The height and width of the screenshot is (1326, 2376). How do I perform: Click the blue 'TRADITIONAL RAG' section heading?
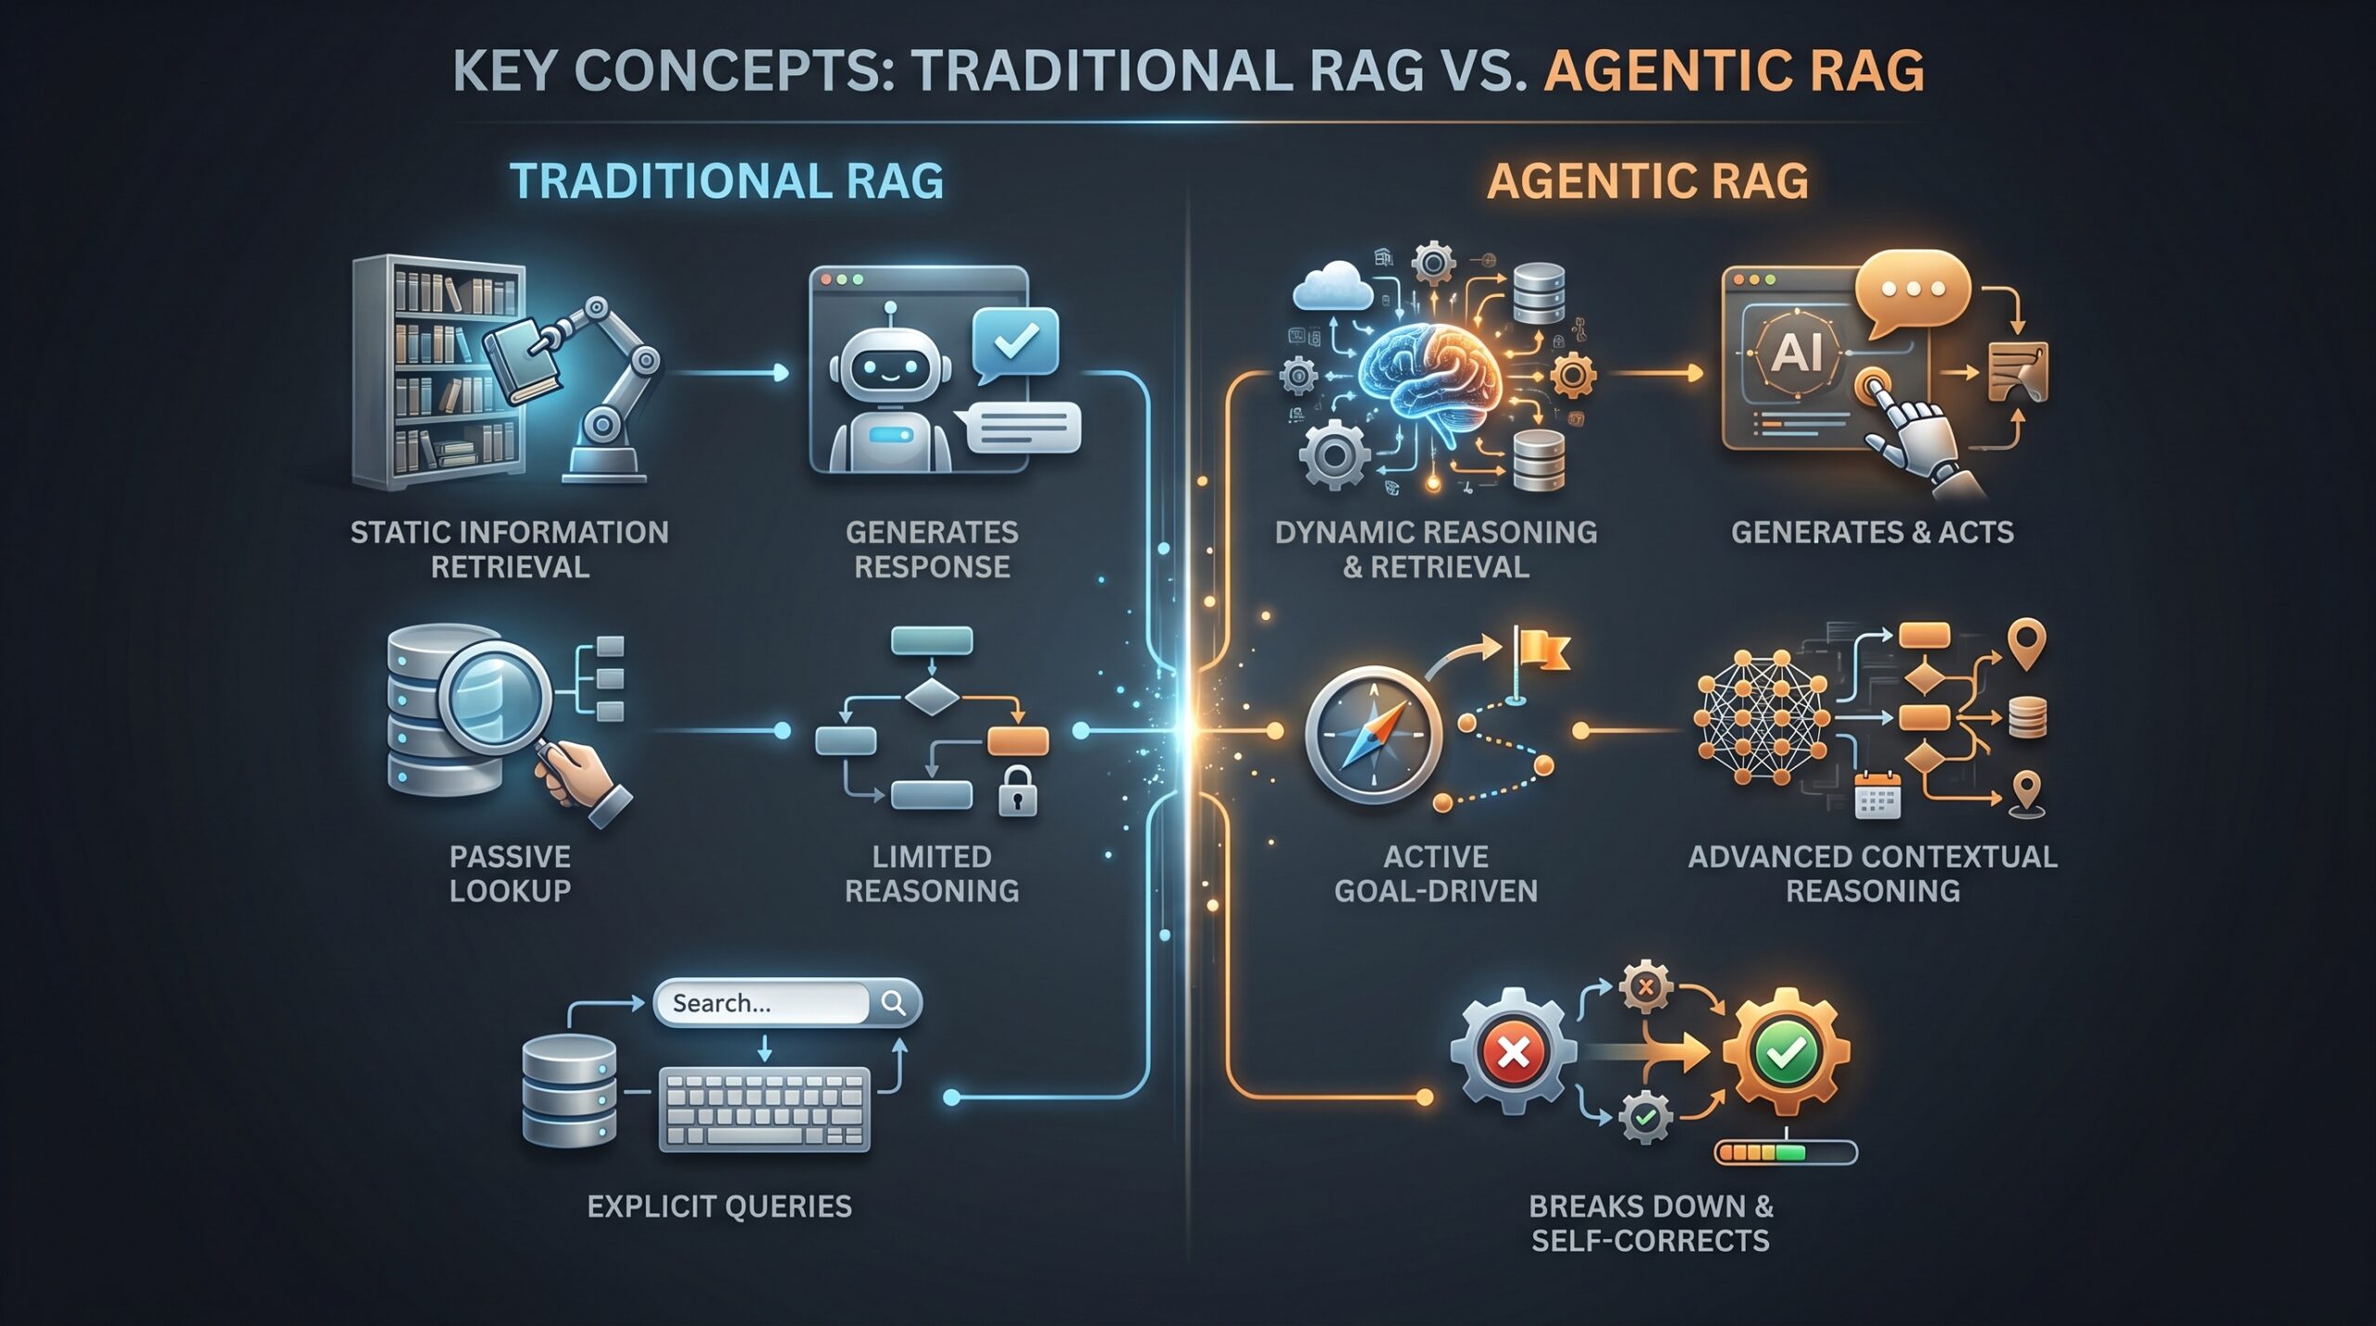(727, 181)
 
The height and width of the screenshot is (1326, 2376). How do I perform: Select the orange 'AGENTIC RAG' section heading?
(1648, 181)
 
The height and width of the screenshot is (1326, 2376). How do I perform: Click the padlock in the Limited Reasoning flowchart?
(1017, 791)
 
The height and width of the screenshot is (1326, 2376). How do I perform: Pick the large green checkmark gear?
(1787, 1052)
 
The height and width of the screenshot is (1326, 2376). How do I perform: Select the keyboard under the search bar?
(765, 1110)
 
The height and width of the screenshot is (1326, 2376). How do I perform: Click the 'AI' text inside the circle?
(1797, 352)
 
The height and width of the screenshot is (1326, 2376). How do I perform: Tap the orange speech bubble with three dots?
(1913, 292)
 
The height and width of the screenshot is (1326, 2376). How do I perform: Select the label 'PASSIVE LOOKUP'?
(510, 873)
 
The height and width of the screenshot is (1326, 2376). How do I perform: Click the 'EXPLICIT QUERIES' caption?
(719, 1206)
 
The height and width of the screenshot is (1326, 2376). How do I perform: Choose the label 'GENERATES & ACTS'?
(1872, 533)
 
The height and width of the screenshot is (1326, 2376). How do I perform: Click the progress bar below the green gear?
(1786, 1152)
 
